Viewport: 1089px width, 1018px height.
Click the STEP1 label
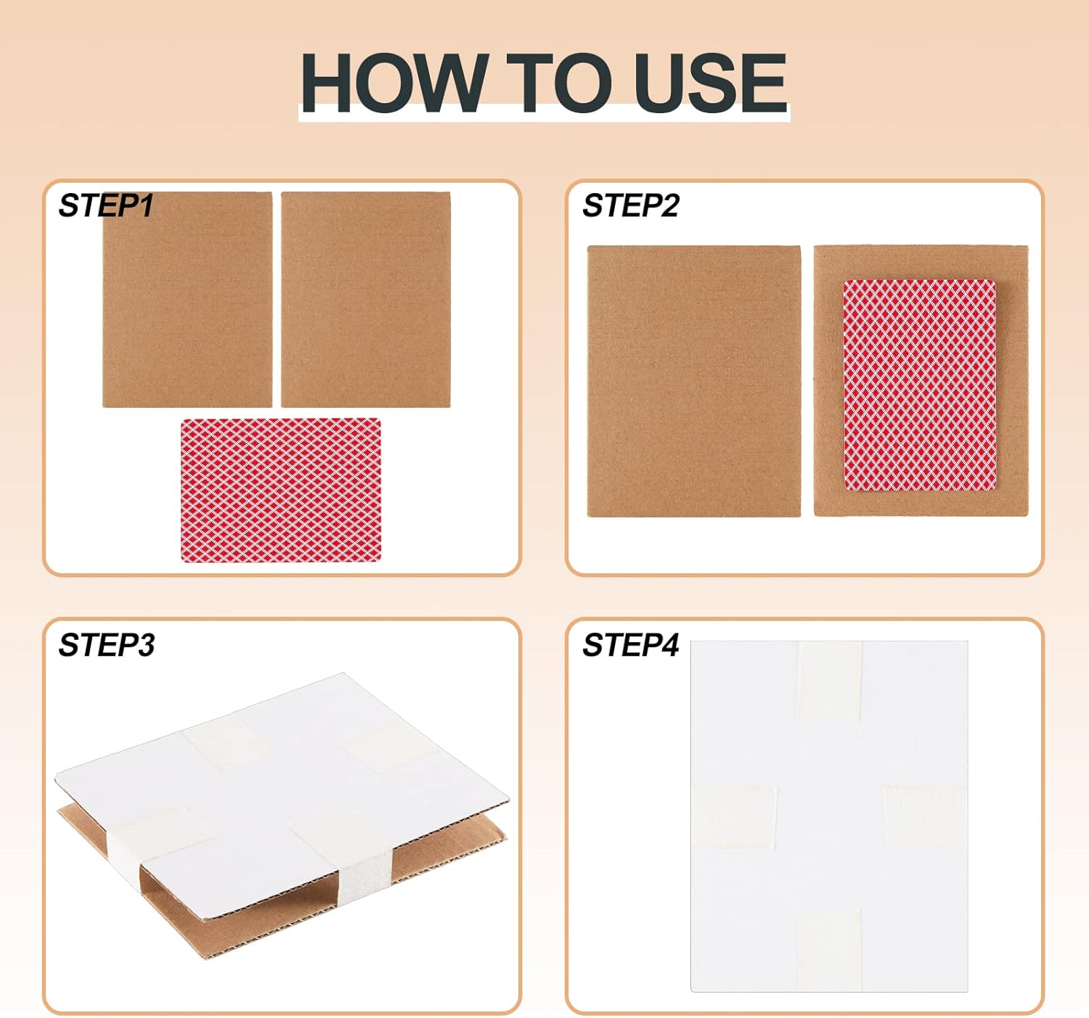pyautogui.click(x=106, y=205)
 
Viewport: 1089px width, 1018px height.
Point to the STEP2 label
pyautogui.click(x=631, y=205)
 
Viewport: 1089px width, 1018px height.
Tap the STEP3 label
pyautogui.click(x=107, y=644)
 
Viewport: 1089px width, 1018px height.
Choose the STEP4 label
pyautogui.click(x=631, y=644)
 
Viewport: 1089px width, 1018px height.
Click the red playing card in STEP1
pyautogui.click(x=281, y=490)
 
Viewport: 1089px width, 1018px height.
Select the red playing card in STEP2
pyautogui.click(x=920, y=385)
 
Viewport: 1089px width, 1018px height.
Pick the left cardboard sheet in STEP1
pyautogui.click(x=187, y=300)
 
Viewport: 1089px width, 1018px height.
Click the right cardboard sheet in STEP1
pyautogui.click(x=366, y=300)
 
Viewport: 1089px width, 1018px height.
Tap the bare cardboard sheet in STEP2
pyautogui.click(x=693, y=381)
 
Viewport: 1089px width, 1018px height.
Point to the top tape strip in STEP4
pyautogui.click(x=831, y=681)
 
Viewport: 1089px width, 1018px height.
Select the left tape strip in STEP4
pyautogui.click(x=735, y=817)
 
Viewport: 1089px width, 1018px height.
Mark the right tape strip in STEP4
pyautogui.click(x=926, y=817)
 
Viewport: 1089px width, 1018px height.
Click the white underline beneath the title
pyautogui.click(x=544, y=117)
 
